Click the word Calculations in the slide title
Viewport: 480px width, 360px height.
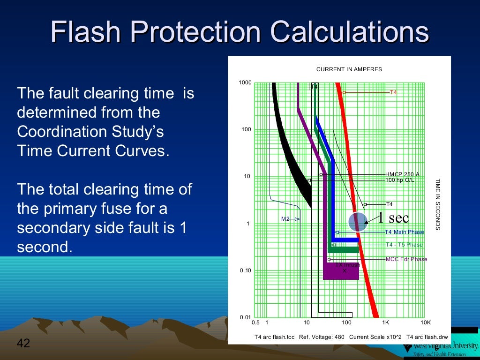coord(350,32)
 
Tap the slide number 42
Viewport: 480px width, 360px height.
coord(23,343)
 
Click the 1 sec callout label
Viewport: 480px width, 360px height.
coord(393,217)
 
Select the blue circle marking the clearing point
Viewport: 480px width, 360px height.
coord(358,222)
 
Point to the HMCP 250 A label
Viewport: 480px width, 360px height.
coord(402,174)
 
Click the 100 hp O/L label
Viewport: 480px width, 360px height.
coord(399,180)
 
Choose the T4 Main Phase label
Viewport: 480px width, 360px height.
coord(404,232)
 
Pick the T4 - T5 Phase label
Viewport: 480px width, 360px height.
coord(404,245)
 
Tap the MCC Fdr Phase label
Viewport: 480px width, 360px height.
coord(406,259)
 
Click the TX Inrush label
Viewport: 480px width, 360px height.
coord(347,265)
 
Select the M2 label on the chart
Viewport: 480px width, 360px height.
coord(285,219)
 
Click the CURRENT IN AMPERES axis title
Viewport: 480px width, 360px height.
coord(349,69)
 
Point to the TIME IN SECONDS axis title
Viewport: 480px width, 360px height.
coord(438,204)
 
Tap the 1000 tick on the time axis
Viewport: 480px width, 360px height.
coord(245,83)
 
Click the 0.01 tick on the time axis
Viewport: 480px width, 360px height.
coord(245,317)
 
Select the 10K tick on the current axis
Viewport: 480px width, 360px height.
coord(425,323)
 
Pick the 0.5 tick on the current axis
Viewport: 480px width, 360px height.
coord(256,323)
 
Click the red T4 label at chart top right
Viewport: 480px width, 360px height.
coord(393,92)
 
